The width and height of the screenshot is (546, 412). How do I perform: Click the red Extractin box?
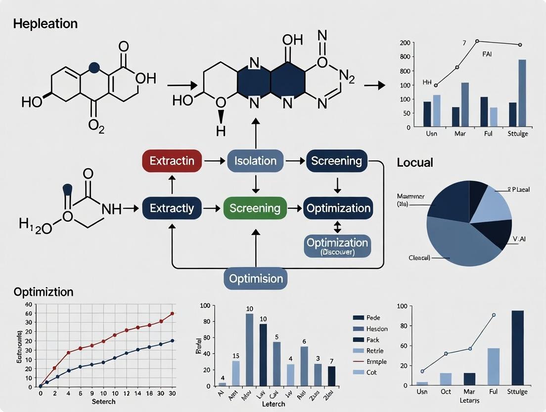click(172, 161)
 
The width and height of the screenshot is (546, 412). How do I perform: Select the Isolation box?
click(255, 161)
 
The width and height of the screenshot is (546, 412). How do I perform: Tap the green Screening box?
click(255, 208)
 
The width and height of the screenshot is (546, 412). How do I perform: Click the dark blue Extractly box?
click(172, 208)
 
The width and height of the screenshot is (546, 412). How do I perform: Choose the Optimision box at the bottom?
click(255, 278)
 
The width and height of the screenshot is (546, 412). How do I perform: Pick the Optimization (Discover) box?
click(337, 246)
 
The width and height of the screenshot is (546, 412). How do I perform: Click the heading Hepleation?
click(45, 24)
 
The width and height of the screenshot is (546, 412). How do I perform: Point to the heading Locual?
click(415, 162)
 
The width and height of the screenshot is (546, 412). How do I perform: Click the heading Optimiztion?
click(44, 292)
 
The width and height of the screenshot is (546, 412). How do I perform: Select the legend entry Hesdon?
click(377, 329)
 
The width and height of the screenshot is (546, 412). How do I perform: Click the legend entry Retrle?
click(375, 351)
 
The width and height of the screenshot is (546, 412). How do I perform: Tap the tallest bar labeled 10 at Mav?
click(250, 349)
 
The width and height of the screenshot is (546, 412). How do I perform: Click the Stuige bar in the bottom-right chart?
click(517, 348)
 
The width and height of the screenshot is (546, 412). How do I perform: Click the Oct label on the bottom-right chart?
click(446, 392)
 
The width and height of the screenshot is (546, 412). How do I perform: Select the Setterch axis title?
click(104, 401)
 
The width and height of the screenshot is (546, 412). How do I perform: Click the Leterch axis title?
click(273, 404)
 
